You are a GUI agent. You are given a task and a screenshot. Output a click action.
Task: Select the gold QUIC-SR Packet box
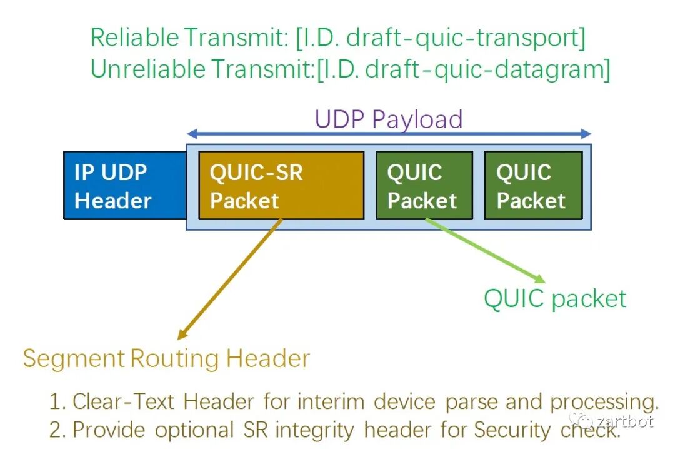[281, 186]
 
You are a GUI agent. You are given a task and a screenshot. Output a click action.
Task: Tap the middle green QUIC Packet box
[423, 186]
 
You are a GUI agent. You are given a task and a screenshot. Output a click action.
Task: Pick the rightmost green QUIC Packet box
[532, 186]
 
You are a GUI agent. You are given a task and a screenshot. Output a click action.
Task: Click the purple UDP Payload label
[388, 119]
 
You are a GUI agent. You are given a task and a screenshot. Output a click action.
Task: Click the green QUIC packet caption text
[555, 298]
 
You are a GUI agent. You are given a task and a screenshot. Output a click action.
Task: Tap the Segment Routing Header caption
[166, 358]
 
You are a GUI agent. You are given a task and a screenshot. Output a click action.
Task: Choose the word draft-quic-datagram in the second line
[487, 69]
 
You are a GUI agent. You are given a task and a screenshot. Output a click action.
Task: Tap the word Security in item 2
[512, 430]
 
